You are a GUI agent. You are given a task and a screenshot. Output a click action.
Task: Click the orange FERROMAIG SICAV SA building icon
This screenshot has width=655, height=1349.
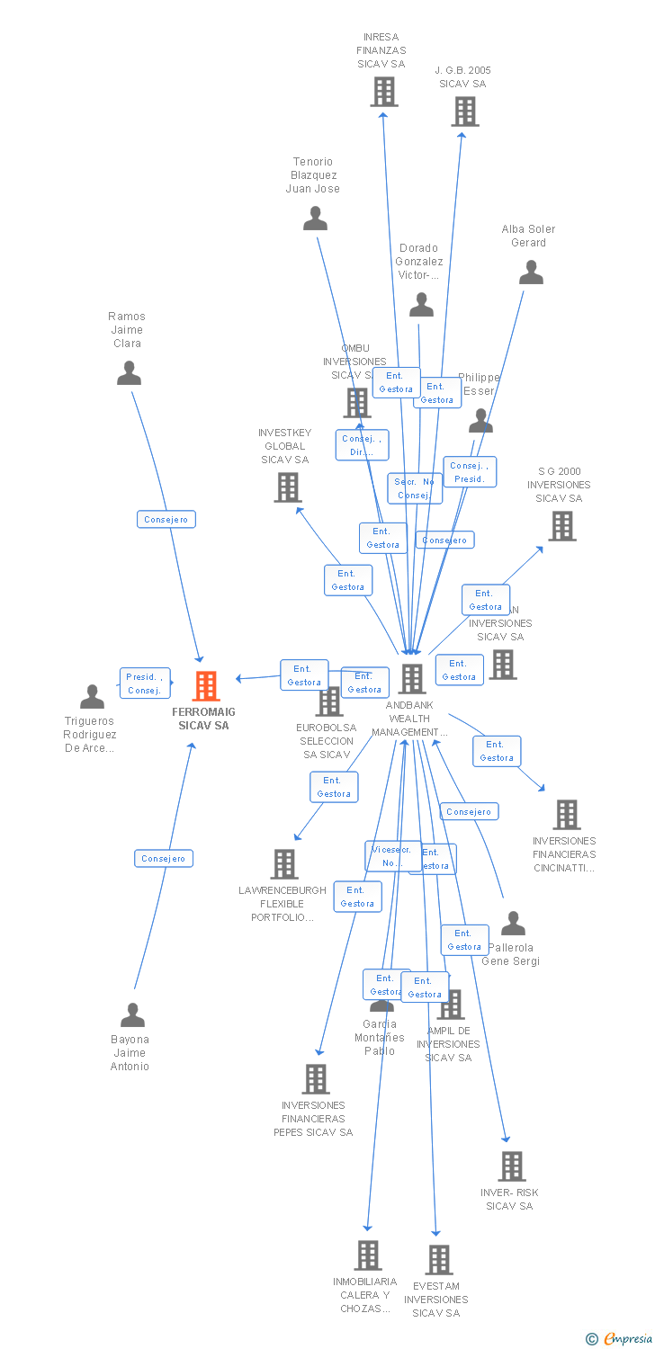pos(206,686)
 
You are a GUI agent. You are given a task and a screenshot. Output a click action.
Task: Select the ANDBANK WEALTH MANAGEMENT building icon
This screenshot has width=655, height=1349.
pos(411,679)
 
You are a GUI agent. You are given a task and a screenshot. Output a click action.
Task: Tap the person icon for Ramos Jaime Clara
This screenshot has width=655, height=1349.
pos(130,372)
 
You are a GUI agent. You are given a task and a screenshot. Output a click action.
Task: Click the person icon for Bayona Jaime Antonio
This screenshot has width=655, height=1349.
pos(132,1015)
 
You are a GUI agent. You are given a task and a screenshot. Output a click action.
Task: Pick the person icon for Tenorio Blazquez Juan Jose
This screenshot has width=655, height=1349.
pos(315,219)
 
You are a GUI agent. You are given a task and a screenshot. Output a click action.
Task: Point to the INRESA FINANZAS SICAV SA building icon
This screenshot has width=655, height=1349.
pos(384,92)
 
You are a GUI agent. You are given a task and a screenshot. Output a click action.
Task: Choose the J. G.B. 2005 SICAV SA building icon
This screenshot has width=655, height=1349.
pos(464,112)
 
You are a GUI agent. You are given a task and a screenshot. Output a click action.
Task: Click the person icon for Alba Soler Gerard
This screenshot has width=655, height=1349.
pos(531,272)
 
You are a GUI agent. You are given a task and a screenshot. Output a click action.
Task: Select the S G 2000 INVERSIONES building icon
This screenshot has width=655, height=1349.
pos(562,526)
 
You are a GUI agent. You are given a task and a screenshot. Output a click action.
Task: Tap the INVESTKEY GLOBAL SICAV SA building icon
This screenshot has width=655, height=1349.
pos(287,487)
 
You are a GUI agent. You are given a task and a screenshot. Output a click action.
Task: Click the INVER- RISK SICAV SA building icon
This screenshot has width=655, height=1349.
pos(512,1166)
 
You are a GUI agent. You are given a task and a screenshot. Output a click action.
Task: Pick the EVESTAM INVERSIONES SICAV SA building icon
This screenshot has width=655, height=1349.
pos(439,1260)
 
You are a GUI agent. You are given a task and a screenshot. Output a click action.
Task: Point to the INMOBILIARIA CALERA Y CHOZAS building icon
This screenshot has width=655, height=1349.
pos(367,1255)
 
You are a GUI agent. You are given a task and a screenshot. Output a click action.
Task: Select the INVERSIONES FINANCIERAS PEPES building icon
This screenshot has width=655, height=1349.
pos(316,1078)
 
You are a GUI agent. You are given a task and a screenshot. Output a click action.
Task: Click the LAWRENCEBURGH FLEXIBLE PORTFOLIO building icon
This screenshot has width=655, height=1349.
pos(284,864)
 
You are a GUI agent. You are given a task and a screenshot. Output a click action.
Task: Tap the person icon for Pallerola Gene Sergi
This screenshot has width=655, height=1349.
pos(513,924)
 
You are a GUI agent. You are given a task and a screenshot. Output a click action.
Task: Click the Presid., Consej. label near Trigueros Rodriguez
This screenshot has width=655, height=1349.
pos(145,683)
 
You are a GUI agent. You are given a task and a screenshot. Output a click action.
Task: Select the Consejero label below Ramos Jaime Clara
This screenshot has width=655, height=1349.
pos(166,520)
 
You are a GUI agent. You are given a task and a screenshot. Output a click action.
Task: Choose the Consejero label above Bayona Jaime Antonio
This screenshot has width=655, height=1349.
pos(164,859)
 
